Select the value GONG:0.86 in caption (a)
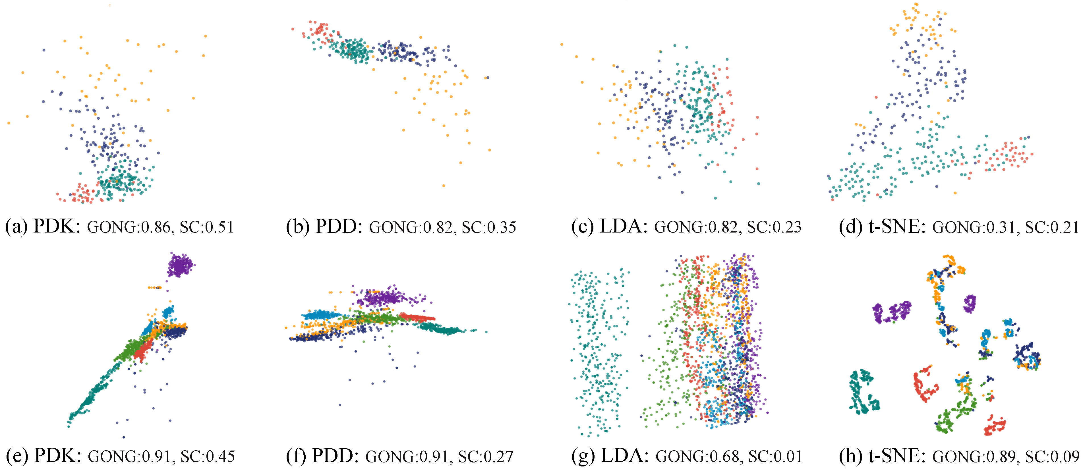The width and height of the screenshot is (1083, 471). point(129,227)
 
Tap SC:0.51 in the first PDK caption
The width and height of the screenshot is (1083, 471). point(206,227)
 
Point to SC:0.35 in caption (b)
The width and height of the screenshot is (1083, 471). point(488,227)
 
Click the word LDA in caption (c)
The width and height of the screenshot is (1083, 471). point(624,227)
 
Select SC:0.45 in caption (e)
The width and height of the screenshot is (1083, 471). point(208,456)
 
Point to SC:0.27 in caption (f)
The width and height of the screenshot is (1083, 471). point(486,456)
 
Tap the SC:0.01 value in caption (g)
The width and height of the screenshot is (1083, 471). point(775,456)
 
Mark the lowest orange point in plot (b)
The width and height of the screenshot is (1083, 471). point(444,185)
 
